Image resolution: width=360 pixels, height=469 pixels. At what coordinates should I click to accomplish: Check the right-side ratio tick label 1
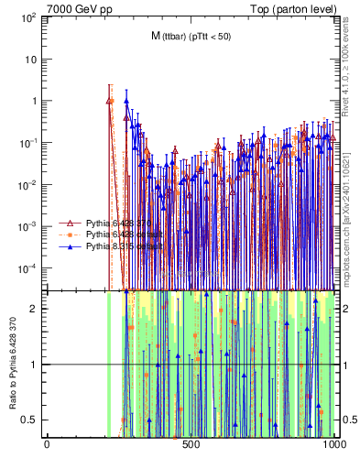pos(346,364)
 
